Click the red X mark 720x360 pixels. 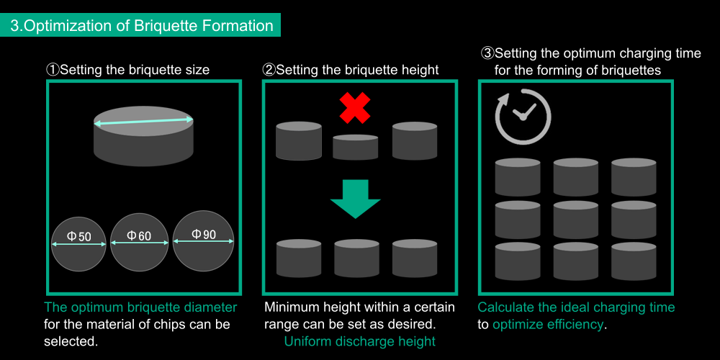point(355,108)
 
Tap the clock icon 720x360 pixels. point(523,117)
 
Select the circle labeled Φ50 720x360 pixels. point(78,244)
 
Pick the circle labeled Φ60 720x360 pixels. point(138,242)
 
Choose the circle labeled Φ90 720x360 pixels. point(204,240)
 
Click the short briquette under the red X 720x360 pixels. point(356,147)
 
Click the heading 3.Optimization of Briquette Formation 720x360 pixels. point(141,26)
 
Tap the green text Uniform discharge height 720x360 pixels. point(359,341)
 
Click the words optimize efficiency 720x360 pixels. point(547,324)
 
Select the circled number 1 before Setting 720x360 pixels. point(53,70)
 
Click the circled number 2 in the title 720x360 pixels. point(269,70)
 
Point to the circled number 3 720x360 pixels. point(487,53)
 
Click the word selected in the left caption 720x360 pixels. point(71,341)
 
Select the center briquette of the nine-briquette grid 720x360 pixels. point(576,220)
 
